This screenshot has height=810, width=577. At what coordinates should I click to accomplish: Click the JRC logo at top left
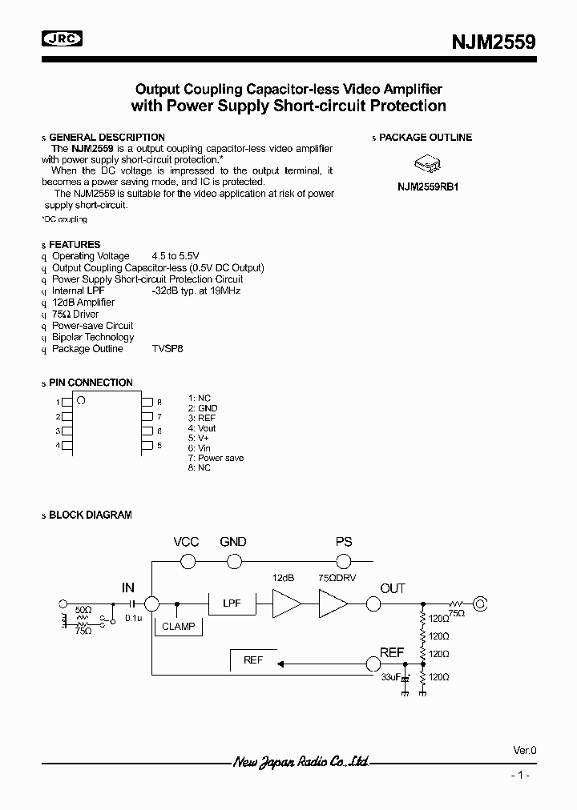coord(63,38)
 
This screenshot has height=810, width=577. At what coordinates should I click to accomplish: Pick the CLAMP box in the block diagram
coord(178,626)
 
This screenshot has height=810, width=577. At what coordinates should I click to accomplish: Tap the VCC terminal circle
coord(188,561)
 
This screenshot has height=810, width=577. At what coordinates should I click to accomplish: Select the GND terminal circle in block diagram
coord(233,561)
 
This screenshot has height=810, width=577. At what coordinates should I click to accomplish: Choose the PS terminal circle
coord(343,561)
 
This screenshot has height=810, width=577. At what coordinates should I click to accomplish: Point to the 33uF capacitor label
coord(390,677)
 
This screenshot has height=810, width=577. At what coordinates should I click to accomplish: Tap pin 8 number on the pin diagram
coord(159,402)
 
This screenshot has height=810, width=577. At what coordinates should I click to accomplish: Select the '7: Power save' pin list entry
coord(216,458)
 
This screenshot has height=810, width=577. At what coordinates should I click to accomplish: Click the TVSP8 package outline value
coord(167,349)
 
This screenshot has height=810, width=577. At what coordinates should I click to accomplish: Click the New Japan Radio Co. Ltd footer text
coord(301,763)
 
